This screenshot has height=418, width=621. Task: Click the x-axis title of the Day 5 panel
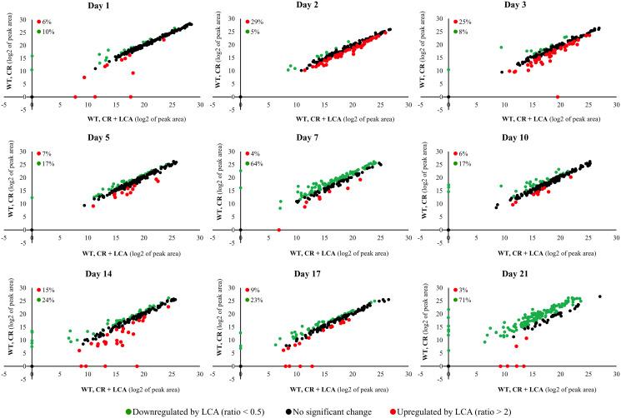click(132, 251)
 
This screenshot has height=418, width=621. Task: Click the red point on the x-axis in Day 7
click(278, 230)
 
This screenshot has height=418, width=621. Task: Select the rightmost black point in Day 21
click(599, 296)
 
